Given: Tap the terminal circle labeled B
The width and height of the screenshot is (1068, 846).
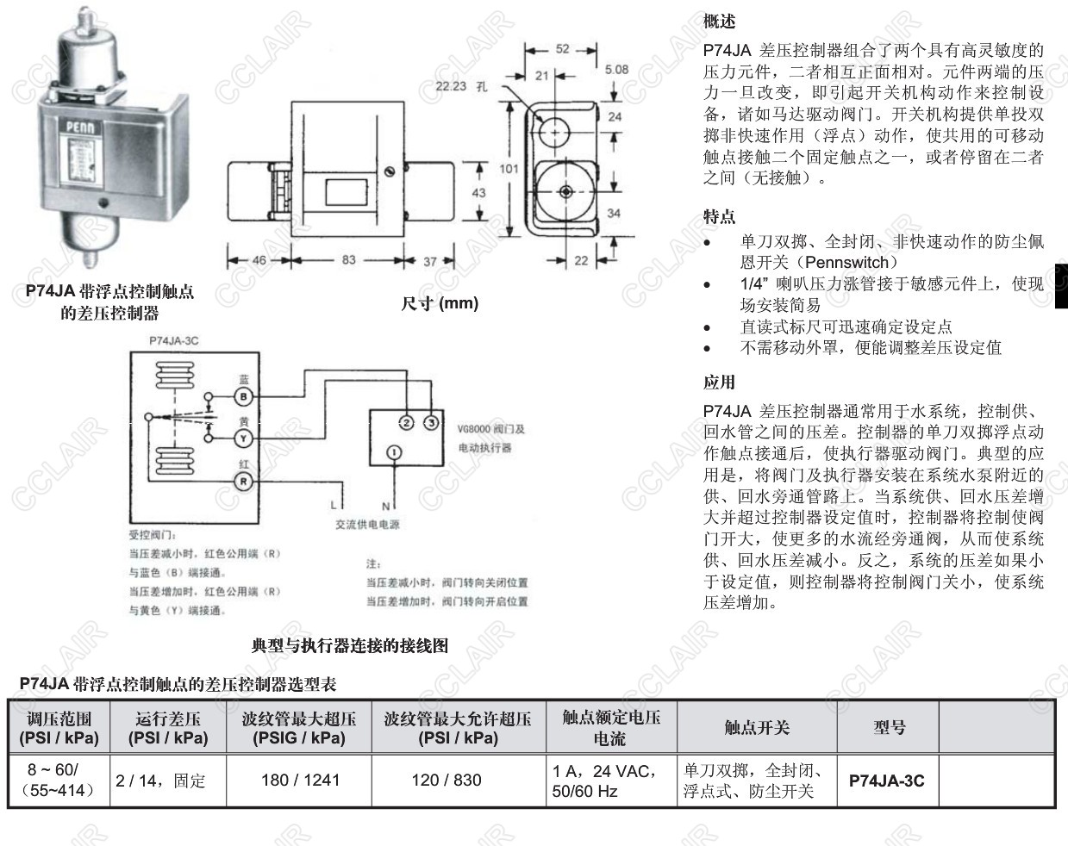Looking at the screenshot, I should [x=244, y=395].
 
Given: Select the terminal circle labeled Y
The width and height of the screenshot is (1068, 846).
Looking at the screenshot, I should [x=244, y=438].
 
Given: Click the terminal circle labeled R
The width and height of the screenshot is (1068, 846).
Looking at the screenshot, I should [x=244, y=481].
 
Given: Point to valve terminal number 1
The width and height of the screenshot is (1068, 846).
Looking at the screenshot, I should [x=393, y=452].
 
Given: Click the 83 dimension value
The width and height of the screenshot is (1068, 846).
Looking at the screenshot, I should [x=348, y=259].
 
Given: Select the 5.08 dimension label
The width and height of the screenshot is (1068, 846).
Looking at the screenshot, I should [x=616, y=69].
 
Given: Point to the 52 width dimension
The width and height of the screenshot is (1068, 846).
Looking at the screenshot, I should [x=563, y=49].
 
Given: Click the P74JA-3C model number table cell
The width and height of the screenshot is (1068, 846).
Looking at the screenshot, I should [x=886, y=781].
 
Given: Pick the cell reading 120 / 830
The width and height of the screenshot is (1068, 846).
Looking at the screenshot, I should [x=459, y=781].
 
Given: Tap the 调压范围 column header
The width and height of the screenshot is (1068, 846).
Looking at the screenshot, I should [x=59, y=728].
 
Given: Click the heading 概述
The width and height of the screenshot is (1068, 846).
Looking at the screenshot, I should [x=719, y=21].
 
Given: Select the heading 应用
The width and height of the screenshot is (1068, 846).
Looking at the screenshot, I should [x=719, y=382].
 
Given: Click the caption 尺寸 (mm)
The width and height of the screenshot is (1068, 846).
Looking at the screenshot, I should [x=440, y=303].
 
